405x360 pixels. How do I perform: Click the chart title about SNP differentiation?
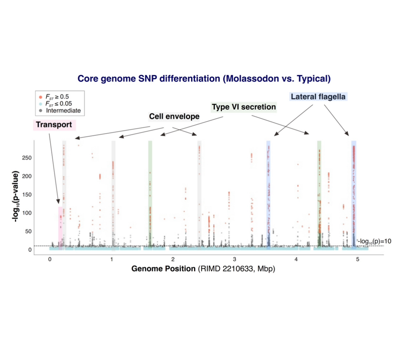(204, 79)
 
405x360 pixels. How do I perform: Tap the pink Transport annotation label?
(54, 124)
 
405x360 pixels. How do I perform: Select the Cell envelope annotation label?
(174, 117)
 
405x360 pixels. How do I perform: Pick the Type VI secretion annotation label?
(244, 107)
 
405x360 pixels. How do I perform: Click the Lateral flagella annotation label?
(318, 97)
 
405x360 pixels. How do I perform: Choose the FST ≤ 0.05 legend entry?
(57, 104)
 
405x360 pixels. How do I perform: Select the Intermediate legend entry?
(60, 111)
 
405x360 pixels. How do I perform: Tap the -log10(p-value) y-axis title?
(16, 196)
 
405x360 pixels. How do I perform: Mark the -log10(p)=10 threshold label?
(375, 241)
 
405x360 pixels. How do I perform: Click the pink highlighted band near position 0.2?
(60, 227)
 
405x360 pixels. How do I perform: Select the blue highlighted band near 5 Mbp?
(353, 194)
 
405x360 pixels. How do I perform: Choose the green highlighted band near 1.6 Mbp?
(150, 194)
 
